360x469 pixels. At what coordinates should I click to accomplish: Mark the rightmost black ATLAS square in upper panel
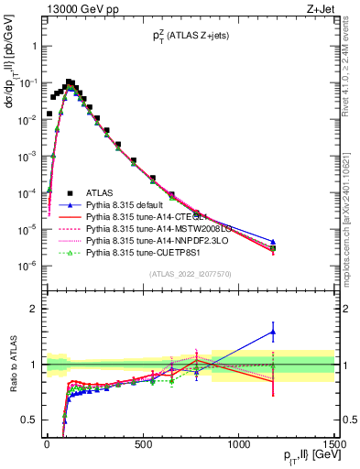point(273,248)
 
